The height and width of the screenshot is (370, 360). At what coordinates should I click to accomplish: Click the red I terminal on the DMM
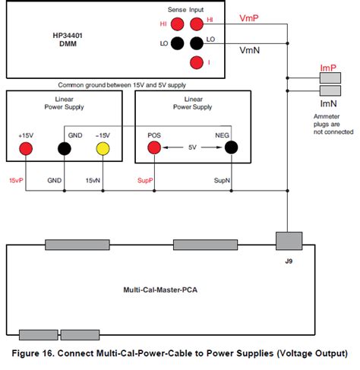pyautogui.click(x=197, y=62)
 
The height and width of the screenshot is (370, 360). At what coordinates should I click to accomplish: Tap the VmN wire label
pyautogui.click(x=250, y=50)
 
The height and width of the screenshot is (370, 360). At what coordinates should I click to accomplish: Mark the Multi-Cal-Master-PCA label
pyautogui.click(x=161, y=289)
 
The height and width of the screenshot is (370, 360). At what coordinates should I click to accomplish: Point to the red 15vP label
pyautogui.click(x=17, y=181)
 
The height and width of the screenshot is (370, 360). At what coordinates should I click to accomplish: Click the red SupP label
pyautogui.click(x=145, y=181)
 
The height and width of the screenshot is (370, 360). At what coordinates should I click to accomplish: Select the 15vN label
pyautogui.click(x=93, y=181)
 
